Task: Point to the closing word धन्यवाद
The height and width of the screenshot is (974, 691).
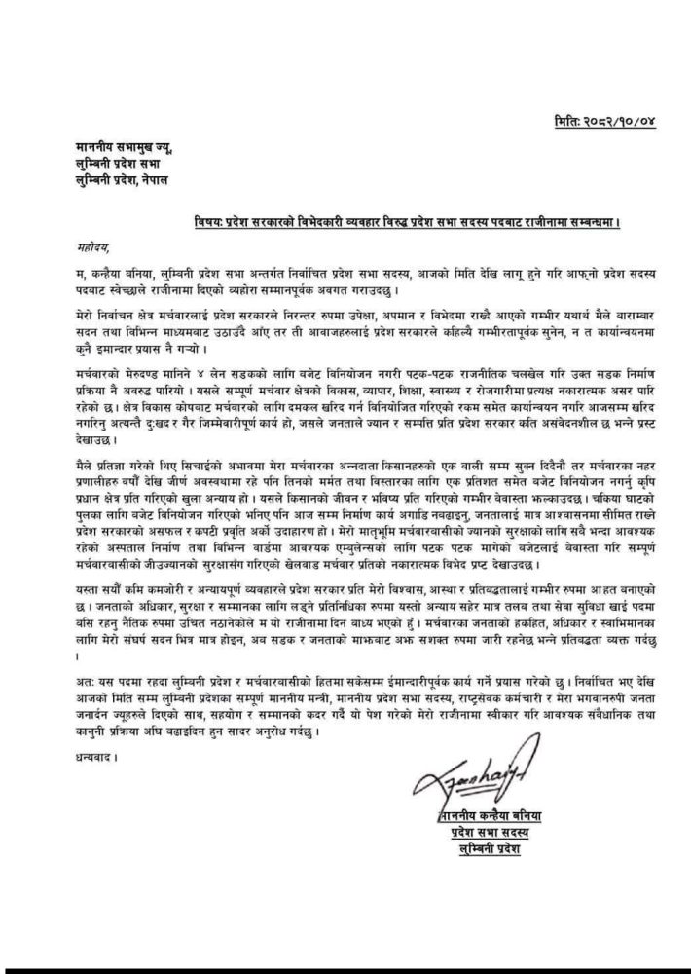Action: (96, 754)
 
